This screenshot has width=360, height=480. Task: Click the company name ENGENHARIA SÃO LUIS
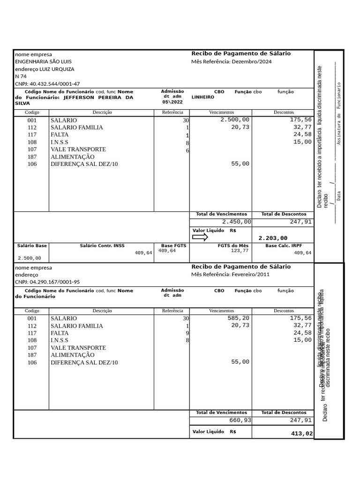tap(43, 61)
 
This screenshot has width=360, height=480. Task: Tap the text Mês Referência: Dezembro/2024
tap(231, 61)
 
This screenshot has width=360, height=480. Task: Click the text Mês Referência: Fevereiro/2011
tap(230, 274)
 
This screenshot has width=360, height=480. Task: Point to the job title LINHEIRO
tap(202, 97)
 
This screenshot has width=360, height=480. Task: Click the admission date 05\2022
tap(172, 102)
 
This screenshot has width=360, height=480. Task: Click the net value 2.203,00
tap(273, 238)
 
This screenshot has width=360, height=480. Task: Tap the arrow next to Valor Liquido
tap(200, 237)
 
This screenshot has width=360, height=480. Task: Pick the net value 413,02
tap(301, 434)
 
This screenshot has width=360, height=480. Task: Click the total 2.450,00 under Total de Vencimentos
tap(236, 222)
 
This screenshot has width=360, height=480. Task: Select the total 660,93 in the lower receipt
tap(240, 420)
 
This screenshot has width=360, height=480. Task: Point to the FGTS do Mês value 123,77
tap(240, 251)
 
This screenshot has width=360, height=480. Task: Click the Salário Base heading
tap(32, 246)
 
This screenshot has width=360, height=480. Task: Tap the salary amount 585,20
tap(239, 318)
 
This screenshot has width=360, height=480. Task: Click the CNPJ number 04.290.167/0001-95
tap(47, 282)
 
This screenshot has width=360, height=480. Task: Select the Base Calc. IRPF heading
tap(284, 246)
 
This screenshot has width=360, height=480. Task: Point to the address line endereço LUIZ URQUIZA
tap(45, 69)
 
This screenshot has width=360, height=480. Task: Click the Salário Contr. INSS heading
tap(102, 246)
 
